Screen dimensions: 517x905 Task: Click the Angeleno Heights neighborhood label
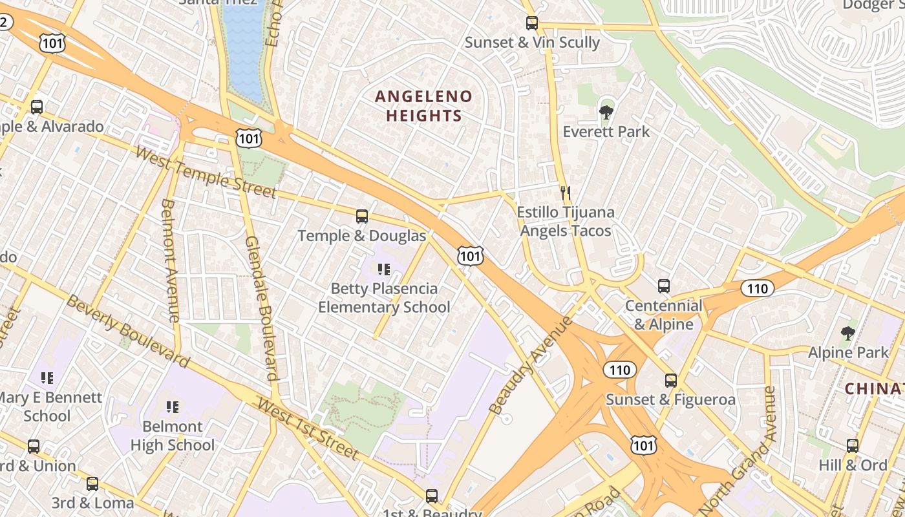click(x=423, y=106)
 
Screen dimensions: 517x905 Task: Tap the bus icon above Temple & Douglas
click(x=362, y=216)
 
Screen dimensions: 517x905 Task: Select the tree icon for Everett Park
click(x=606, y=113)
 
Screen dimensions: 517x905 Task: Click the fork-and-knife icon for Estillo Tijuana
click(x=566, y=193)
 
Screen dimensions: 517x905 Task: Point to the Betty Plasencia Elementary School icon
click(x=384, y=269)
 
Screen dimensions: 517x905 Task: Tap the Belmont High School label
click(x=173, y=436)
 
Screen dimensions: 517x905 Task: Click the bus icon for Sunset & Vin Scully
click(x=531, y=23)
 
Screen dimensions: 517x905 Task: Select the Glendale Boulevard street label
click(x=262, y=307)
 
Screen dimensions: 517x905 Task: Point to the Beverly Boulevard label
click(x=127, y=331)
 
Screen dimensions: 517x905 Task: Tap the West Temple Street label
click(x=206, y=173)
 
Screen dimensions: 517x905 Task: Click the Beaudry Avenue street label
click(x=531, y=366)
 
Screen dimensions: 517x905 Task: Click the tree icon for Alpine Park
click(x=847, y=333)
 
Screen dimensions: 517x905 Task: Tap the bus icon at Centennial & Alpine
click(x=663, y=286)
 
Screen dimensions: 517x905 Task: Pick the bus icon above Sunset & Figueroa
click(x=670, y=381)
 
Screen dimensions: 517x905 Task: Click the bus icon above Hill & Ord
click(x=852, y=445)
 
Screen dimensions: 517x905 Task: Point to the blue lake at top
click(x=244, y=45)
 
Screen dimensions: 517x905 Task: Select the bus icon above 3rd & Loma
click(x=92, y=483)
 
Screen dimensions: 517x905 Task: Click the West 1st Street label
click(x=308, y=428)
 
